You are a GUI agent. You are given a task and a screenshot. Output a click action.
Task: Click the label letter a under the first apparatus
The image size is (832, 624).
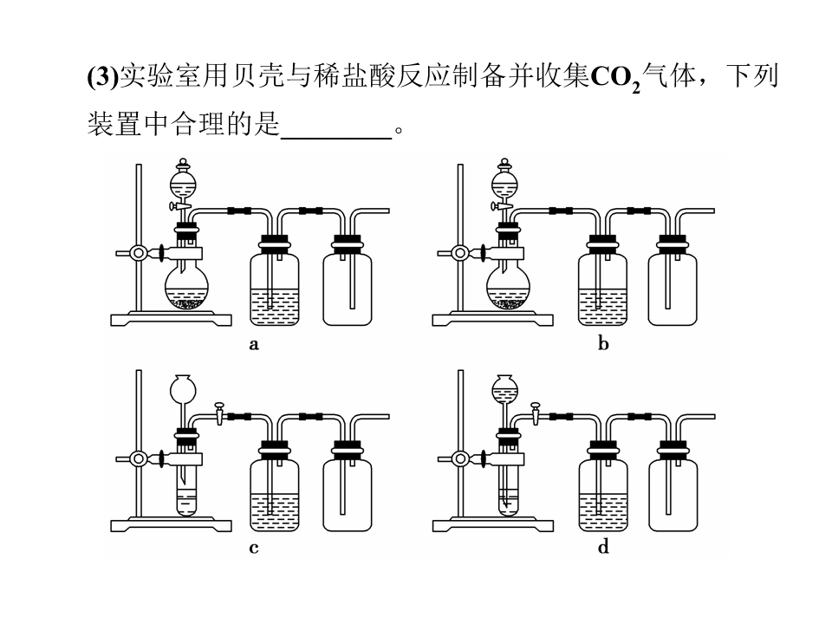click(x=254, y=345)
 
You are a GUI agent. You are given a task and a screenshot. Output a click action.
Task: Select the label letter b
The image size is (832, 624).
click(x=603, y=344)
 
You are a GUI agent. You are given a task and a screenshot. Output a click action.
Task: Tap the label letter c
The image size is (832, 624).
click(x=254, y=548)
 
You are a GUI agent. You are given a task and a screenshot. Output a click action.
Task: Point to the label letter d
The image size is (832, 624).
click(x=603, y=547)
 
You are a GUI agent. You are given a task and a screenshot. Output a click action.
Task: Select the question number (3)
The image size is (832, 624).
click(x=103, y=77)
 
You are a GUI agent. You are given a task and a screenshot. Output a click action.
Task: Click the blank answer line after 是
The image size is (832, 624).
click(x=336, y=138)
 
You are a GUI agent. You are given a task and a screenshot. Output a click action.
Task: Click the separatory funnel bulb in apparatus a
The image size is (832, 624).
click(x=183, y=185)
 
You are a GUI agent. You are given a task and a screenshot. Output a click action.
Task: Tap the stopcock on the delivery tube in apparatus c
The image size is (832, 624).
click(x=219, y=413)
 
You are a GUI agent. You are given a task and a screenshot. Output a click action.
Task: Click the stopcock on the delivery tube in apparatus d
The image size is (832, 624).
click(x=536, y=413)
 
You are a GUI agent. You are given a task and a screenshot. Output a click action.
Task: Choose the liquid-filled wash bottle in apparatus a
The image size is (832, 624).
click(x=275, y=289)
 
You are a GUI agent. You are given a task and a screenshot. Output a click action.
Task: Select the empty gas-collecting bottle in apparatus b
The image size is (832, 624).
click(x=673, y=289)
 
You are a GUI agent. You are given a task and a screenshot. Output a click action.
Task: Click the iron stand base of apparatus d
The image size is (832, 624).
click(x=493, y=526)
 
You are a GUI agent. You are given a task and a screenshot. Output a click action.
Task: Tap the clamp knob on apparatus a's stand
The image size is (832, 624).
click(x=139, y=253)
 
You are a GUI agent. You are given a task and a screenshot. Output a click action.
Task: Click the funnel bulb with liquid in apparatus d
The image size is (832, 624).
click(x=504, y=389)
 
